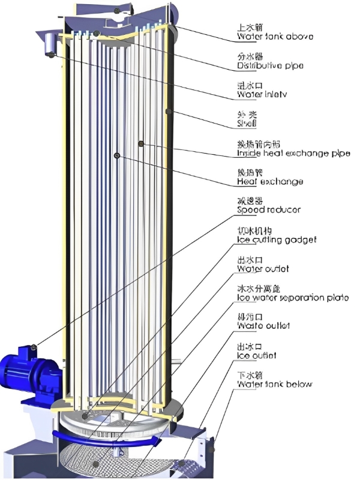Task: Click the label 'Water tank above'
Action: tap(275, 37)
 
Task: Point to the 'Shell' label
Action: tap(247, 124)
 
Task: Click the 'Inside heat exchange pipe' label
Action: tap(291, 154)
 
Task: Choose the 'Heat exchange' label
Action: tap(269, 181)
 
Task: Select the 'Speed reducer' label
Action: tap(268, 210)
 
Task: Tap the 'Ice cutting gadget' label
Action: tap(276, 239)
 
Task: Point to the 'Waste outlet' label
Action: tap(263, 325)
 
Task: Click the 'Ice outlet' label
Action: tap(257, 356)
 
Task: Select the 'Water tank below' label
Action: tap(274, 384)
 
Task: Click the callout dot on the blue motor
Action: tap(34, 347)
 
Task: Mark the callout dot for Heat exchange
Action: tap(116, 156)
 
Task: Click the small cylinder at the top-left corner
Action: tap(49, 43)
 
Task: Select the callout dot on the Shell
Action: tap(170, 112)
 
